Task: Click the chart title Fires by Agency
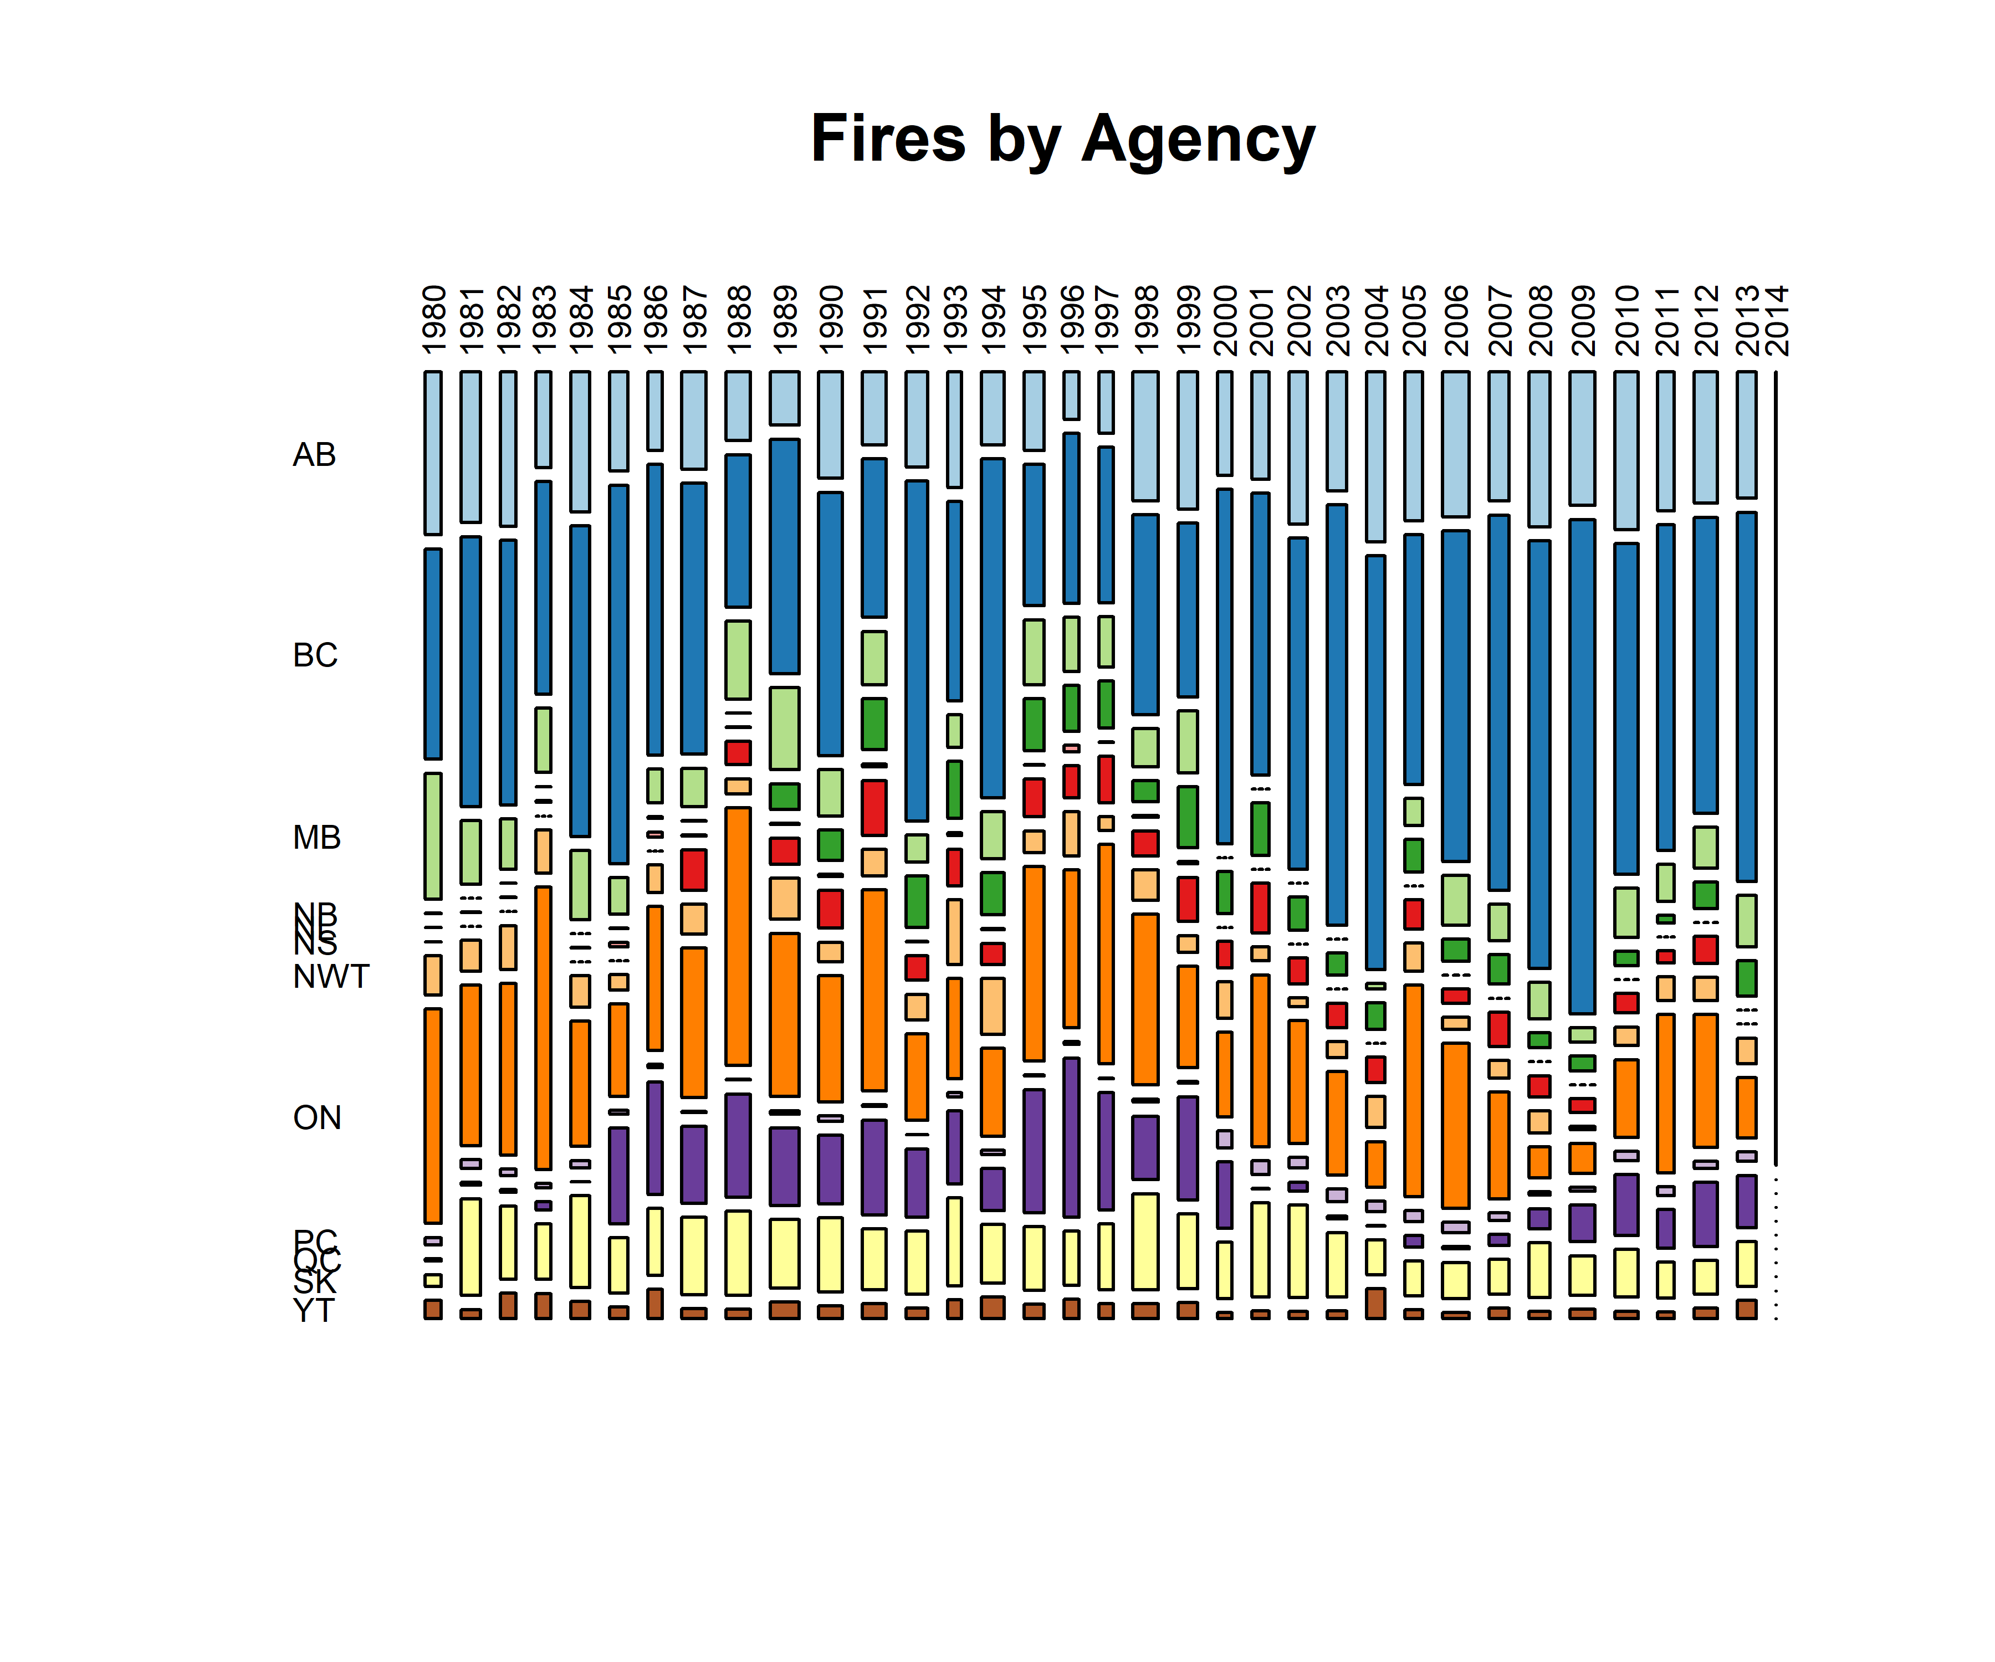1062,138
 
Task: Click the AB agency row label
314,455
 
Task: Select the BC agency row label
314,655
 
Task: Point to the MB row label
316,838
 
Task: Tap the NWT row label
331,976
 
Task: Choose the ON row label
316,1118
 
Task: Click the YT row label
314,1311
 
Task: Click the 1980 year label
433,320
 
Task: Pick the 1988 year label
738,320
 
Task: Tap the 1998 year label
1145,320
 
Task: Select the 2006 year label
1455,320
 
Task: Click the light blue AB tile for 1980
433,453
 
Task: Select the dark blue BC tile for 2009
1582,766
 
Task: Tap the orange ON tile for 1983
544,1028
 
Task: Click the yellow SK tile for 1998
1145,1242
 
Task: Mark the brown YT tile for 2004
1375,1303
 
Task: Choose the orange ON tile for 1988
738,936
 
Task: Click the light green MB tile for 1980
433,836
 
